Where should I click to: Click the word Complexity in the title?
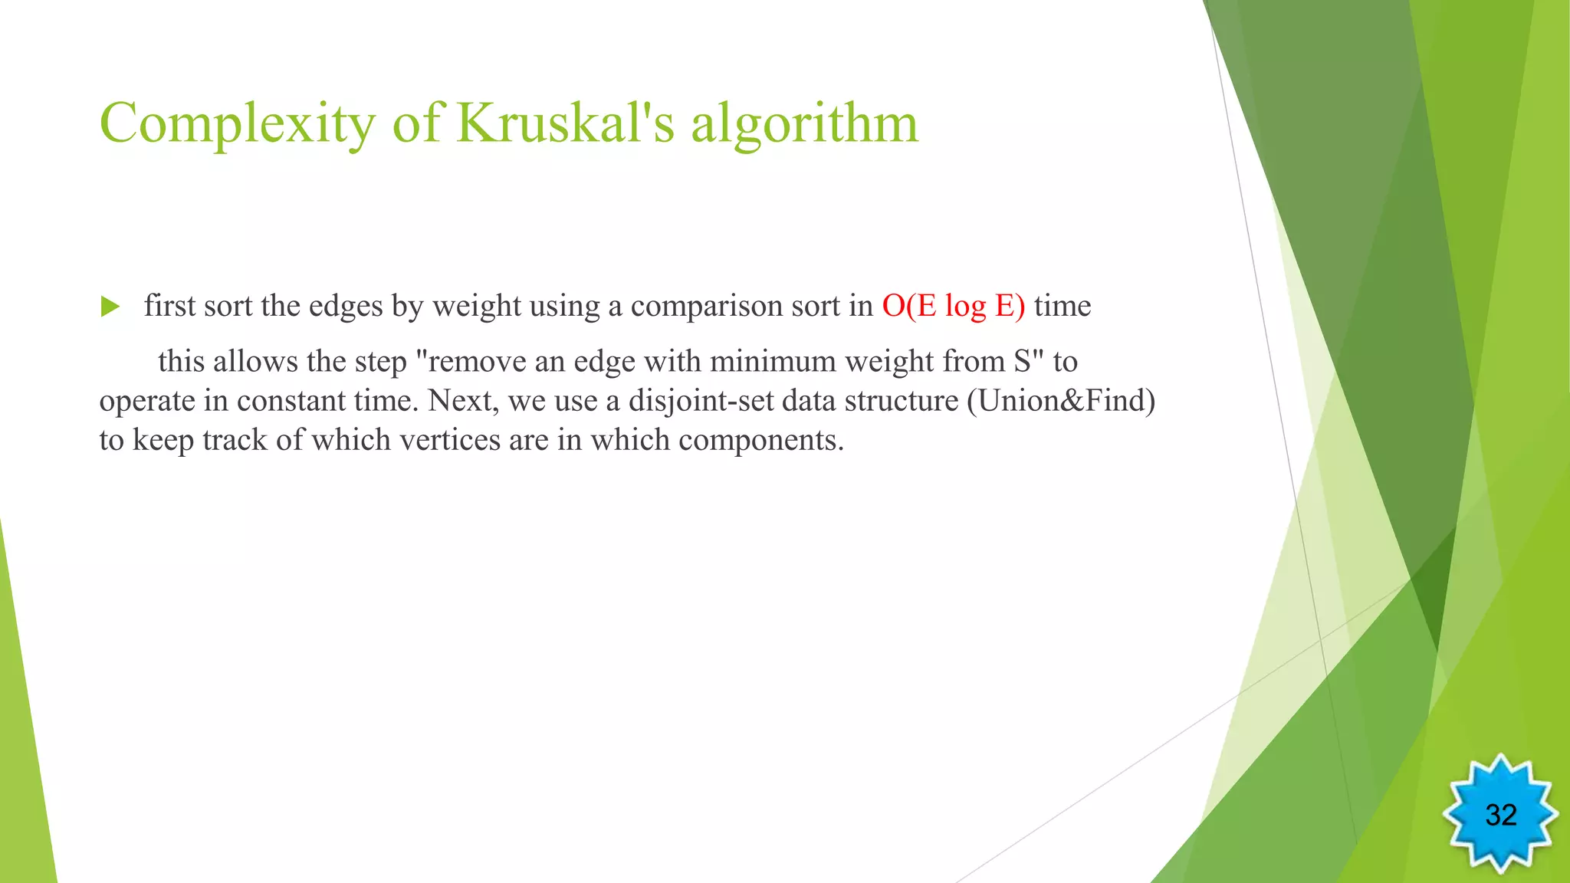(237, 124)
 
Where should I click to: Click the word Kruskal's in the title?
(565, 123)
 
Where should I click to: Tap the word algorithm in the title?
(804, 124)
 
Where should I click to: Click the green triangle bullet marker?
(110, 307)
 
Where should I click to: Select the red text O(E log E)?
(953, 306)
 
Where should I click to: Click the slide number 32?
(1500, 815)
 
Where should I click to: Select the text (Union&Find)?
(1061, 401)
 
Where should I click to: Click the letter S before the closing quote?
(1022, 361)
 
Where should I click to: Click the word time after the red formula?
(1062, 306)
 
